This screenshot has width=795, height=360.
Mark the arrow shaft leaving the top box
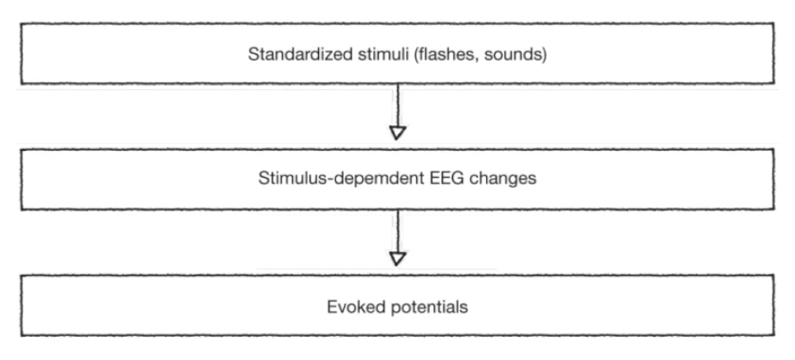click(398, 105)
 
